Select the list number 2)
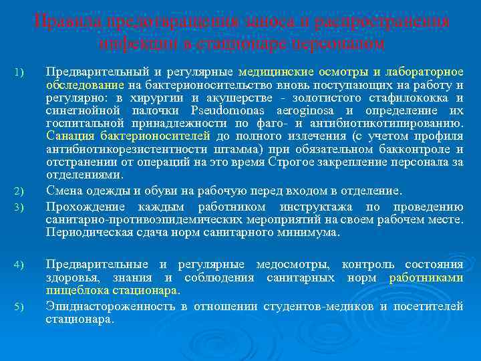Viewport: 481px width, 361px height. coord(19,193)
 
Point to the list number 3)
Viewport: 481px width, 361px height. coord(19,207)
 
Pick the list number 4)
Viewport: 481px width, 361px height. coord(19,266)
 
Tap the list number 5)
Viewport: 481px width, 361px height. coord(19,307)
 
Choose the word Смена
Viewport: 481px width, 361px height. coord(63,191)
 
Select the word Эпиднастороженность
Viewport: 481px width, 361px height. coord(110,306)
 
